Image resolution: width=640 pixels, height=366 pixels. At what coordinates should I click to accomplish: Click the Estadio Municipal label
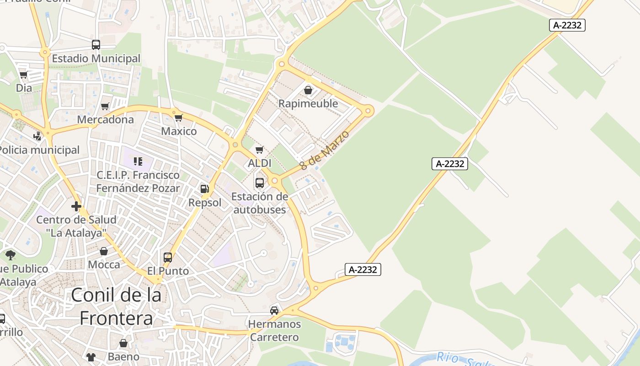pos(96,59)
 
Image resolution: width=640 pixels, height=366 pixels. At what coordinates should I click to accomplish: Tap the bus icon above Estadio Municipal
pos(96,45)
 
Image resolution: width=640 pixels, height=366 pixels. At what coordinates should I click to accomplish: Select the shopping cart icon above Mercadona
pos(105,107)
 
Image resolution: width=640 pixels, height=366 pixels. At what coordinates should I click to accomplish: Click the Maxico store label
pos(179,131)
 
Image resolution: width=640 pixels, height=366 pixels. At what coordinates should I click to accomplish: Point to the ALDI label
pos(259,163)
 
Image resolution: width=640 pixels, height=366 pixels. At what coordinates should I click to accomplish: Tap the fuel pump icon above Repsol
pos(204,189)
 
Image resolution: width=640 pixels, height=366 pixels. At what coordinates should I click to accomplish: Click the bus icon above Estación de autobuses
pos(260,183)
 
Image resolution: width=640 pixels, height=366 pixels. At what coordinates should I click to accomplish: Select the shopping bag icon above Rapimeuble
pos(308,90)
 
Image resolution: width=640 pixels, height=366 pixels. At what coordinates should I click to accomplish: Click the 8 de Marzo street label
pos(325,150)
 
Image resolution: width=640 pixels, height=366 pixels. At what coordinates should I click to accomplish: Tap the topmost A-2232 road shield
pos(567,25)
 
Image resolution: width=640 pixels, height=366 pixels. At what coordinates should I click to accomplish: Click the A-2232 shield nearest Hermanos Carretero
pos(363,269)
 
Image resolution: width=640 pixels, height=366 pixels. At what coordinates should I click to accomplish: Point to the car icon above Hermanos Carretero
pos(274,311)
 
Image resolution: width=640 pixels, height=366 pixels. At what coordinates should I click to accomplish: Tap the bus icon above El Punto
pos(168,258)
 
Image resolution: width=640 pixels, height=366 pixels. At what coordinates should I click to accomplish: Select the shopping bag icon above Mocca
pos(104,251)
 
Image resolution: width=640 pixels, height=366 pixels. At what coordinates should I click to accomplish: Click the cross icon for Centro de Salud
pos(76,206)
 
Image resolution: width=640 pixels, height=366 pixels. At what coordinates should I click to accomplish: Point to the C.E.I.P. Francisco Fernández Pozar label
pos(138,182)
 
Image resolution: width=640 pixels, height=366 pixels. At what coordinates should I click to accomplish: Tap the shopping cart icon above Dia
pos(24,75)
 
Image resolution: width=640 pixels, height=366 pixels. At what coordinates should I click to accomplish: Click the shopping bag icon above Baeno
pos(123,343)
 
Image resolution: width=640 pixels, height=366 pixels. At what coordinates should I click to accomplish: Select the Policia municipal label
pos(39,150)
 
